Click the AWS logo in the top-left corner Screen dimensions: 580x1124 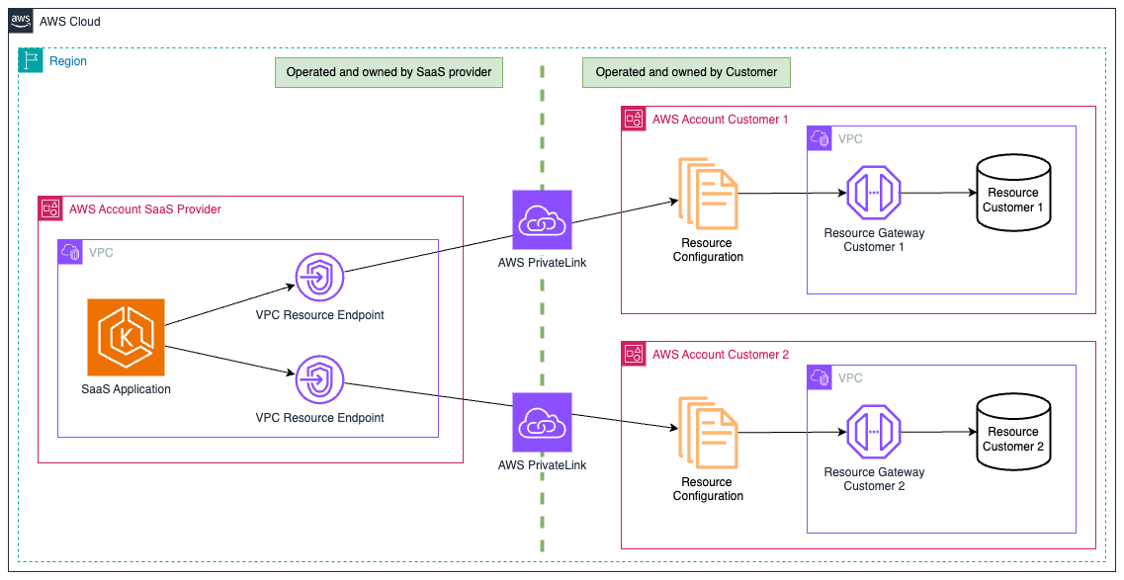click(x=22, y=22)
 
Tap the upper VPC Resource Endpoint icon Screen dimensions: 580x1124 click(x=320, y=278)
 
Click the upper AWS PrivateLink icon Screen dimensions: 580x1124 click(x=542, y=219)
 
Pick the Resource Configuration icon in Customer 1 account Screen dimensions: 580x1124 click(x=707, y=195)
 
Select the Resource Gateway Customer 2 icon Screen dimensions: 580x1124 click(x=874, y=432)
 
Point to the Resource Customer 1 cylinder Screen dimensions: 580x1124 click(x=1012, y=196)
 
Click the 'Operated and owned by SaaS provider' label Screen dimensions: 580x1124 click(x=389, y=72)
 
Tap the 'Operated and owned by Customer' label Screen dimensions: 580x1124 click(x=686, y=72)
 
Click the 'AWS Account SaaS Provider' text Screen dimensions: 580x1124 click(x=144, y=209)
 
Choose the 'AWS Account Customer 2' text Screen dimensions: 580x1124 click(x=720, y=355)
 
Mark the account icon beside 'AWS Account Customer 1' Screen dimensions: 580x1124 click(x=634, y=120)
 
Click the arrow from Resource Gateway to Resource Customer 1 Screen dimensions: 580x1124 click(x=938, y=194)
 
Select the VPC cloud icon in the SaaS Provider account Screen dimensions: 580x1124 click(x=70, y=252)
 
